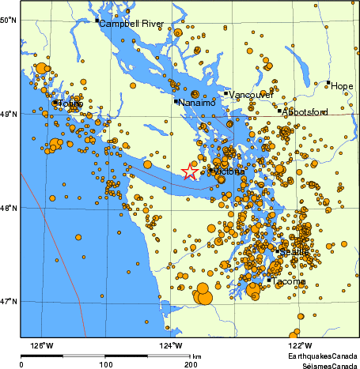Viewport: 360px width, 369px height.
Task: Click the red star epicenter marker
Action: click(190, 171)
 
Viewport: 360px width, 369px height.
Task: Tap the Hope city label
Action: click(343, 85)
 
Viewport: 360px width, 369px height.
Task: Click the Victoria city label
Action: click(229, 171)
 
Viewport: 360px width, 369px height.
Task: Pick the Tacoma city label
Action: click(290, 281)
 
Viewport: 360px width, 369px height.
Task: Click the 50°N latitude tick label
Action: click(8, 19)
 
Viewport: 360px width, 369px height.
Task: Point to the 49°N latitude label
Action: click(8, 114)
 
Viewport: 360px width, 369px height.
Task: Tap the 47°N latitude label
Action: click(8, 301)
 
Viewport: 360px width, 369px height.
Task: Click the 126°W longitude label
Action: click(42, 346)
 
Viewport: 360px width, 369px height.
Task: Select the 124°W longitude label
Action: click(172, 346)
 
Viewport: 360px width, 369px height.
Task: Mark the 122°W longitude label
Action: click(300, 346)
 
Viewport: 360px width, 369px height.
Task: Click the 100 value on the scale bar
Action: click(105, 364)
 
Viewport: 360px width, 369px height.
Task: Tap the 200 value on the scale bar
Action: click(191, 364)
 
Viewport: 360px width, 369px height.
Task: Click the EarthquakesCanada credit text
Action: click(323, 356)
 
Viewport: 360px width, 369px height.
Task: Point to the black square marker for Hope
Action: click(328, 82)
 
